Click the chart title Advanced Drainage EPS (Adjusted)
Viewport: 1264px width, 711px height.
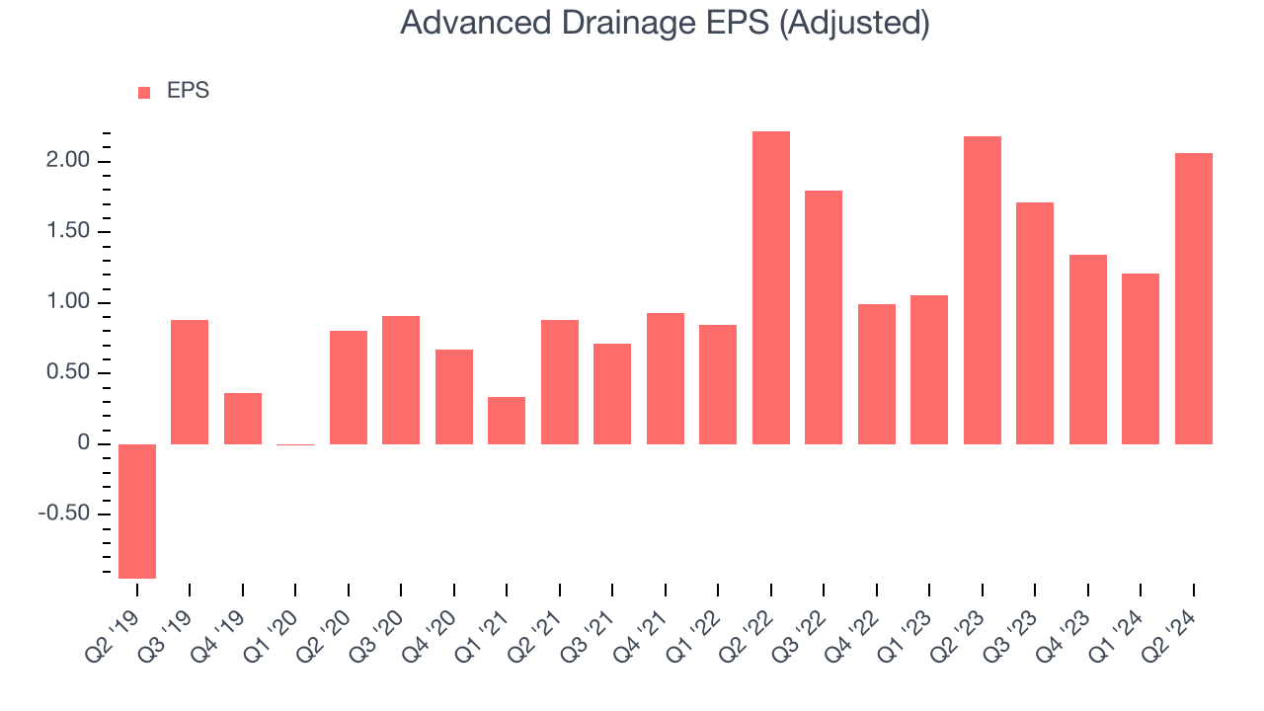coord(665,24)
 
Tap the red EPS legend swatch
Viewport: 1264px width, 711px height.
coord(144,93)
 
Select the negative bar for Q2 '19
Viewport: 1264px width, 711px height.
coord(137,512)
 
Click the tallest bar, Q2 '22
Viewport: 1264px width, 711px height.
coord(771,287)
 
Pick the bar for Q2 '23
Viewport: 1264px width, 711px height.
coord(983,290)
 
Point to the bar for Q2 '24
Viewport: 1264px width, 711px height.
coord(1194,298)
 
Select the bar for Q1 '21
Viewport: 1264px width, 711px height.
coord(507,421)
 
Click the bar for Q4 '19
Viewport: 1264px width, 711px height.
coord(243,419)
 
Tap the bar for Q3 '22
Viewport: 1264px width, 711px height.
coord(824,317)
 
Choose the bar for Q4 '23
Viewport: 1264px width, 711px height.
coord(1088,350)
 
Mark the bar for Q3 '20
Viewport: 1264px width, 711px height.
coord(401,380)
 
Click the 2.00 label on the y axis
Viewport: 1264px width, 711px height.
coord(68,160)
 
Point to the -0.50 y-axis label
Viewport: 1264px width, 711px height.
coord(64,513)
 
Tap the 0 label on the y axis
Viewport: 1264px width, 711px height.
coord(84,442)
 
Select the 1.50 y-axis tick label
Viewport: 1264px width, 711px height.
coord(68,231)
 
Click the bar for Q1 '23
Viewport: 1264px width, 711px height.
coord(929,369)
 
